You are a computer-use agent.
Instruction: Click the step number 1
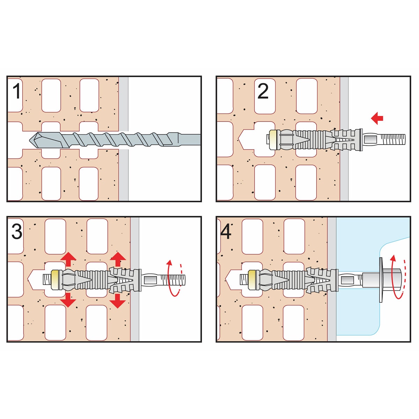(16, 91)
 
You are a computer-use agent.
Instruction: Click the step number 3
(17, 231)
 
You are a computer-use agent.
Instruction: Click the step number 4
(226, 231)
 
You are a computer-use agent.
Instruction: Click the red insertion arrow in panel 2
(377, 118)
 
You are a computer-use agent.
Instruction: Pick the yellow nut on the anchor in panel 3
(55, 279)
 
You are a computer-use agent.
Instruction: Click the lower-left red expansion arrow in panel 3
(68, 300)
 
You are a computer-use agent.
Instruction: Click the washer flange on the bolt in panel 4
(381, 280)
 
